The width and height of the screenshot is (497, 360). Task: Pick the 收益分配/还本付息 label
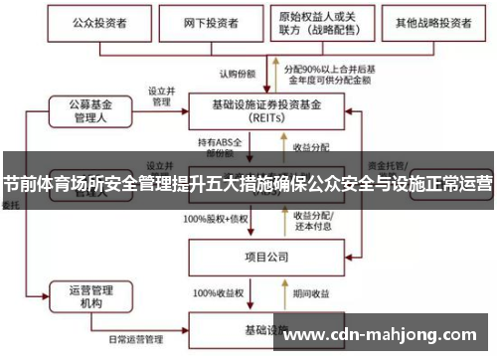pos(313,221)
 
